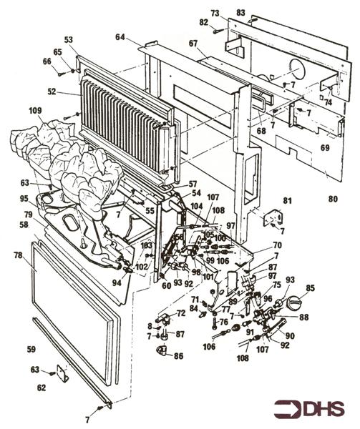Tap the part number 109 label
coord(35,111)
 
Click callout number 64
coord(120,36)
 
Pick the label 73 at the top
coord(214,14)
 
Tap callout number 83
coord(240,13)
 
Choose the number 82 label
coord(204,23)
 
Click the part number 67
coord(193,44)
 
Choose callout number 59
coord(30,349)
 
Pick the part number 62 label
coord(41,388)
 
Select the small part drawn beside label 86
coord(161,350)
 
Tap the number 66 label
coord(47,61)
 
